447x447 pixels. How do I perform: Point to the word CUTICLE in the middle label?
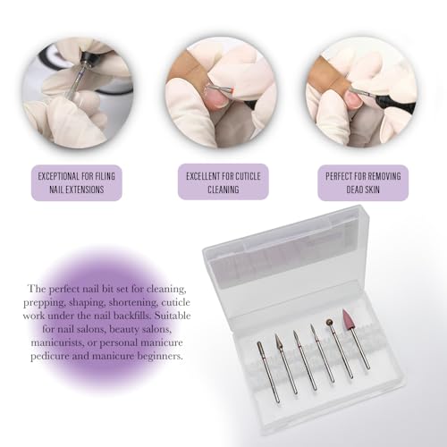point(249,176)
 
